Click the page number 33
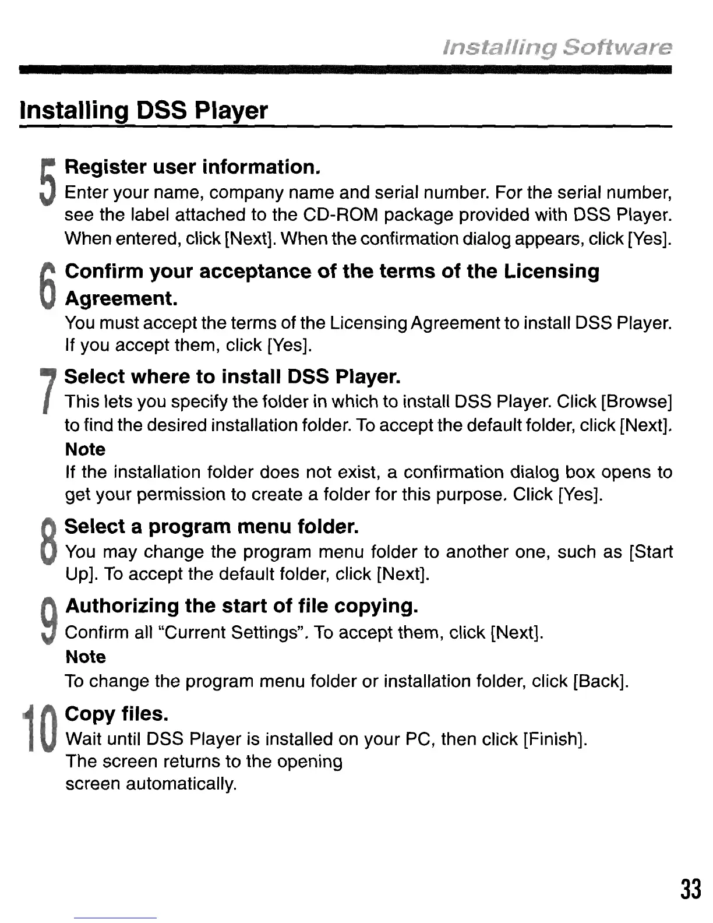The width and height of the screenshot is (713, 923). pyautogui.click(x=690, y=890)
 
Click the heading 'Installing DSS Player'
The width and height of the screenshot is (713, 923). pyautogui.click(x=144, y=110)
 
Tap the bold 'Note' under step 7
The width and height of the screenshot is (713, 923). pyautogui.click(x=85, y=449)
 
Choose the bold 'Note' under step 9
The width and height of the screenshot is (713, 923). pyautogui.click(x=86, y=657)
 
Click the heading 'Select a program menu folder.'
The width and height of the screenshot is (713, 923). pyautogui.click(x=211, y=527)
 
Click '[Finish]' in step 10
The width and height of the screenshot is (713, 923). pyautogui.click(x=555, y=739)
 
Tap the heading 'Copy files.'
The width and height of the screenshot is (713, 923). pyautogui.click(x=117, y=714)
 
